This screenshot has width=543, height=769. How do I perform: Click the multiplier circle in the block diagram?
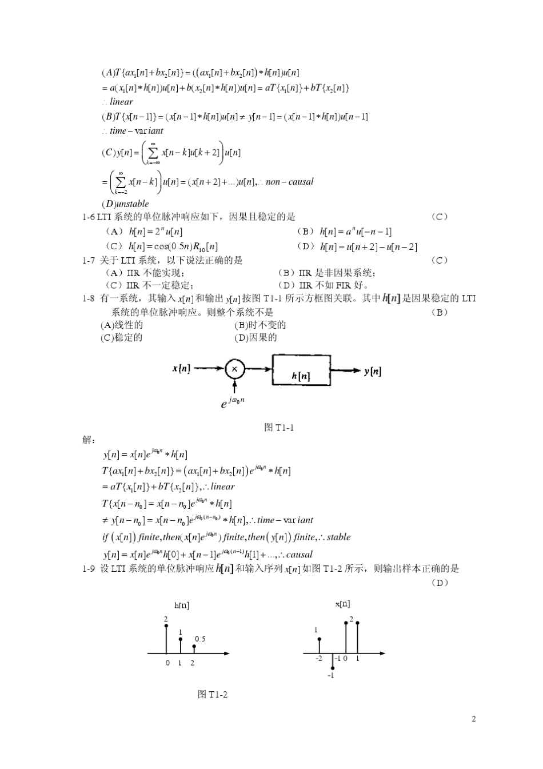tap(234, 369)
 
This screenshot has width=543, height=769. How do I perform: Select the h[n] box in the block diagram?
tap(301, 372)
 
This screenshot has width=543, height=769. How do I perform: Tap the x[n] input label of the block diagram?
tap(181, 369)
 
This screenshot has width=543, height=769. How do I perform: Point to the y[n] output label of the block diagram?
tap(373, 371)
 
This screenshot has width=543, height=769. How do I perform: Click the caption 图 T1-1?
tap(280, 427)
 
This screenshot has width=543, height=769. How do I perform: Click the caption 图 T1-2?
tap(213, 694)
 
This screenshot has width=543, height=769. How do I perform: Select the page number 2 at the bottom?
tap(473, 719)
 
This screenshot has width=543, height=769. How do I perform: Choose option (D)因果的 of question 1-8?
tap(255, 337)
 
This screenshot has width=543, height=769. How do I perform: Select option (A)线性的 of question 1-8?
tap(121, 325)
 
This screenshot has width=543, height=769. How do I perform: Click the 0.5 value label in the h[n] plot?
tap(200, 639)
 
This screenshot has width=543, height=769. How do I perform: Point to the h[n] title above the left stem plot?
tap(182, 605)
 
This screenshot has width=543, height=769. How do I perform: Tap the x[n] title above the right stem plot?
tap(342, 603)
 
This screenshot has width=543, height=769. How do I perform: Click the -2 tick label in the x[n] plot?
tap(319, 659)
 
